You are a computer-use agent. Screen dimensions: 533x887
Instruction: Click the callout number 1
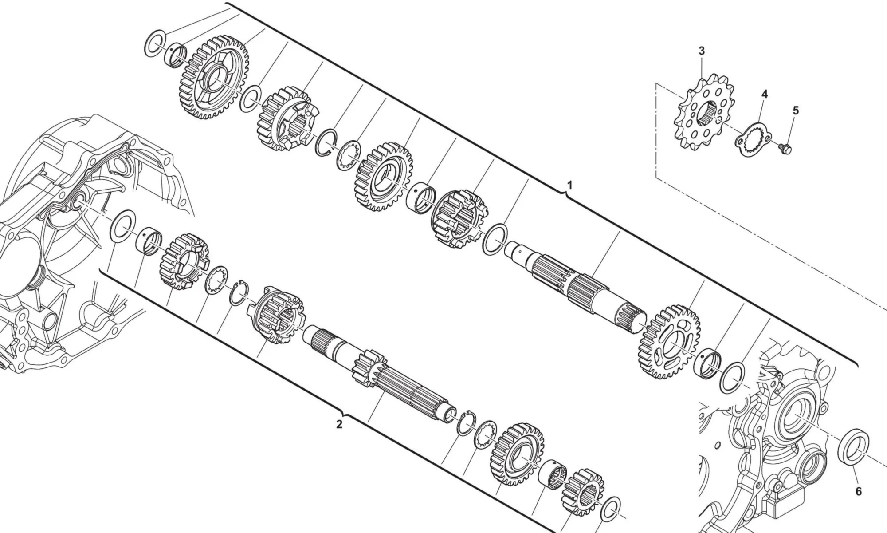point(570,185)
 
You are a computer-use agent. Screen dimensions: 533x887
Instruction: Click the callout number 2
point(339,424)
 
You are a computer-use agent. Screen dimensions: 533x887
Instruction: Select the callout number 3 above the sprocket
point(701,51)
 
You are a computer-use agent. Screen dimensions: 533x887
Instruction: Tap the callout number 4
point(765,94)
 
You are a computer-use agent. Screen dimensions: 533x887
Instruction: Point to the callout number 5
point(795,111)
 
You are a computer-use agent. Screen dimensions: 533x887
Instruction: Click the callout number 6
point(858,491)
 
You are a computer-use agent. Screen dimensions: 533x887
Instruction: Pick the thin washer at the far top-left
point(155,43)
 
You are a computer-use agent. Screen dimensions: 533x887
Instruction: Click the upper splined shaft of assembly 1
point(572,284)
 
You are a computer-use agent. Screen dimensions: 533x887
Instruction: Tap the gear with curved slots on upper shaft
point(671,341)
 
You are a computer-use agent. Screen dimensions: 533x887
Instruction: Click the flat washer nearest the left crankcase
point(122,226)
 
